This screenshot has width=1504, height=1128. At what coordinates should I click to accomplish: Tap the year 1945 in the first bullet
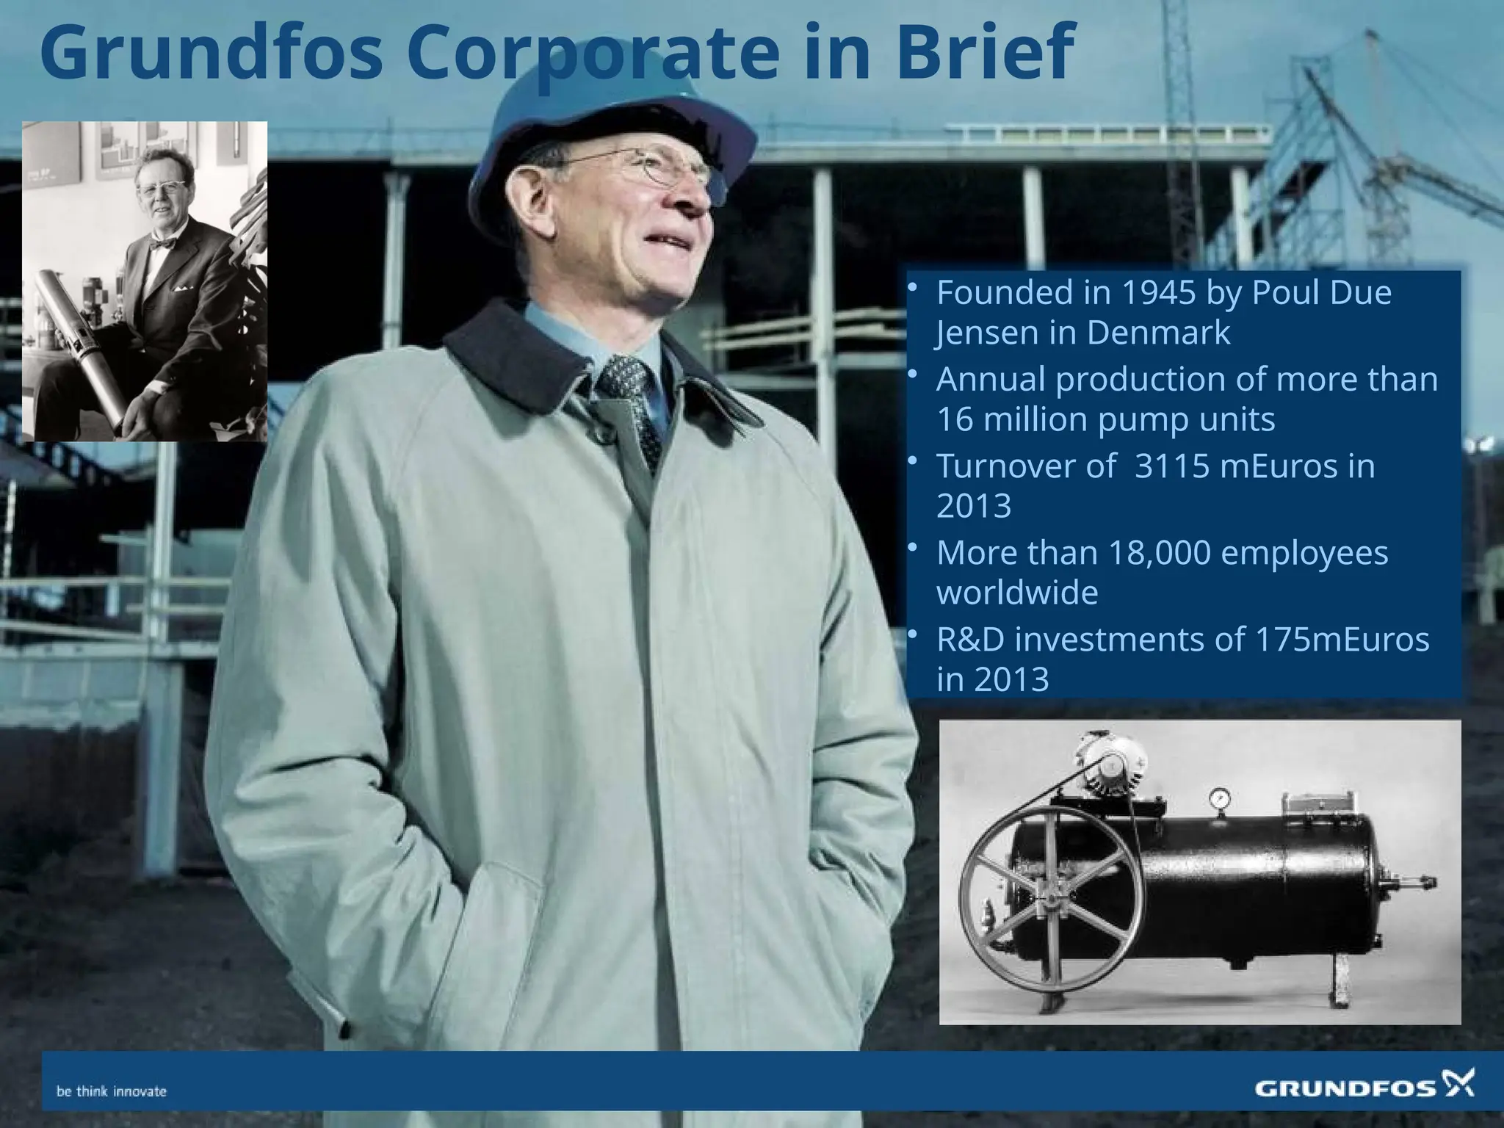pyautogui.click(x=1149, y=294)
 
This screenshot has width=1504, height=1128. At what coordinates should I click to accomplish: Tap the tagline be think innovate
pyautogui.click(x=112, y=1091)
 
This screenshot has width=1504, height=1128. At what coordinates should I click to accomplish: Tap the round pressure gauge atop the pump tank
pyautogui.click(x=1220, y=798)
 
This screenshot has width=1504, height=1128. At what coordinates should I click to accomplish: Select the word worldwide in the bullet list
pyautogui.click(x=1017, y=593)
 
